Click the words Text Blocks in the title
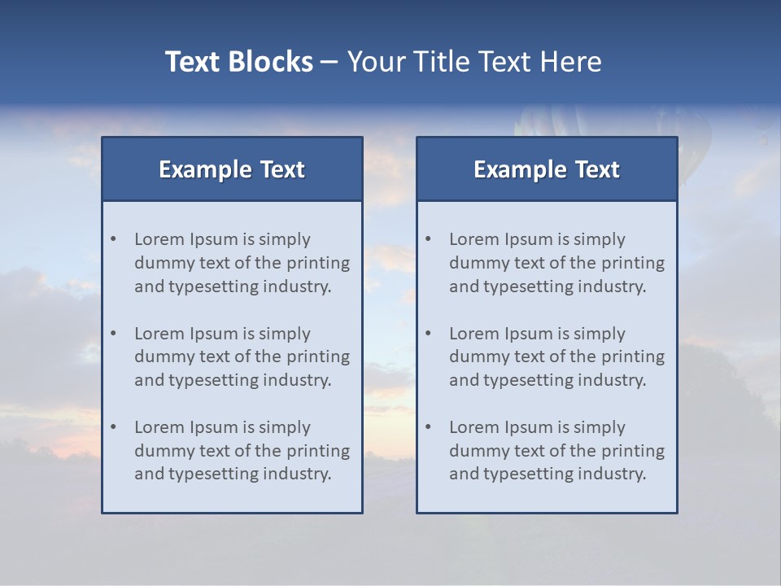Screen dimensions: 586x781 (238, 62)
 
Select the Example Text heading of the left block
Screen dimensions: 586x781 (232, 169)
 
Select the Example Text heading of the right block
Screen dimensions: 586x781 (547, 169)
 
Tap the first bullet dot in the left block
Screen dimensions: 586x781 (114, 239)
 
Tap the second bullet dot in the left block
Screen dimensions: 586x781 (114, 334)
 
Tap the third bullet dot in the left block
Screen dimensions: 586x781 (114, 427)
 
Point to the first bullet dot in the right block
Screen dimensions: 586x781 (429, 239)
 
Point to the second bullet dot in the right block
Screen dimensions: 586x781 (429, 334)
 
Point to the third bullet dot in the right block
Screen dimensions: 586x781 (429, 427)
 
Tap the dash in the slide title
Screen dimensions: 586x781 (329, 62)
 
